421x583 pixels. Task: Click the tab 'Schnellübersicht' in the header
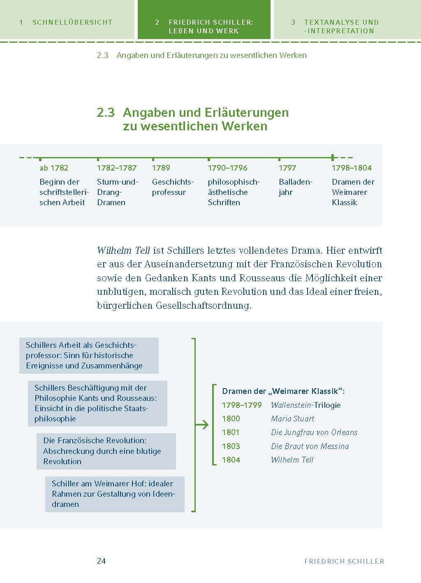(x=67, y=22)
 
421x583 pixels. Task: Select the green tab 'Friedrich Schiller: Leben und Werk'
(x=204, y=26)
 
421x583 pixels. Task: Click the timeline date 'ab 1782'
(x=54, y=168)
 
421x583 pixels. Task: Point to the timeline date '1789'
(x=161, y=168)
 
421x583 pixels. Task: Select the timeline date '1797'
(x=287, y=168)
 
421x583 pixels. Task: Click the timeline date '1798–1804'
(x=352, y=168)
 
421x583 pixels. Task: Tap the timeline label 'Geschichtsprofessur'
(x=173, y=187)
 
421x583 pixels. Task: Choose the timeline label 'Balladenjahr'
(x=296, y=187)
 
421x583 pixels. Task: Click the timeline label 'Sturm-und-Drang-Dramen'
(x=118, y=192)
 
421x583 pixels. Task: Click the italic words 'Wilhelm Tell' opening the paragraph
(x=123, y=250)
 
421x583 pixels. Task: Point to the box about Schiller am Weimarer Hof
(x=115, y=494)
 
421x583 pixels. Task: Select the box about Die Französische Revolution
(x=106, y=451)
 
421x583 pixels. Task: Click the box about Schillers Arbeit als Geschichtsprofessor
(x=89, y=355)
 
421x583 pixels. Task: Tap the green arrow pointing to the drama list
(x=202, y=425)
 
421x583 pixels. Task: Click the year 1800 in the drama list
(x=231, y=419)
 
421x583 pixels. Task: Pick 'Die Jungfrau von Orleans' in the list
(x=314, y=433)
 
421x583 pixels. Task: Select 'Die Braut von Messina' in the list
(x=310, y=446)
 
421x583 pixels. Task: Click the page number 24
(x=102, y=561)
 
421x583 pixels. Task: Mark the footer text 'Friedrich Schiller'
(x=344, y=561)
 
